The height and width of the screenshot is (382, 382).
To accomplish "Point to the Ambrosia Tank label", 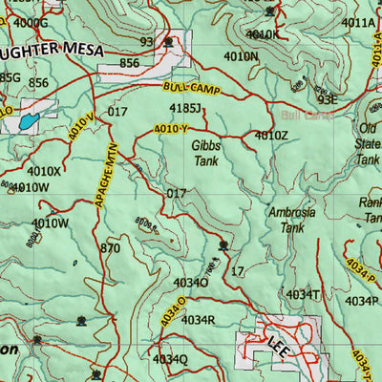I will (x=286, y=221).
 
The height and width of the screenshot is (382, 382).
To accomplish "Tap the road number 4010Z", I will (x=270, y=136).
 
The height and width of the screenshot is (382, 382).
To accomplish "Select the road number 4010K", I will (x=263, y=34).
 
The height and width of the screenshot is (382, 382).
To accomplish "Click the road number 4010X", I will (x=44, y=172).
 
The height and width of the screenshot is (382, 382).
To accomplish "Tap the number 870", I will (x=110, y=248).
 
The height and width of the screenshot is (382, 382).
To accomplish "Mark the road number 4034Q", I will (x=170, y=359).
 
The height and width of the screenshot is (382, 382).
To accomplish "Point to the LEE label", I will (x=278, y=342).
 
